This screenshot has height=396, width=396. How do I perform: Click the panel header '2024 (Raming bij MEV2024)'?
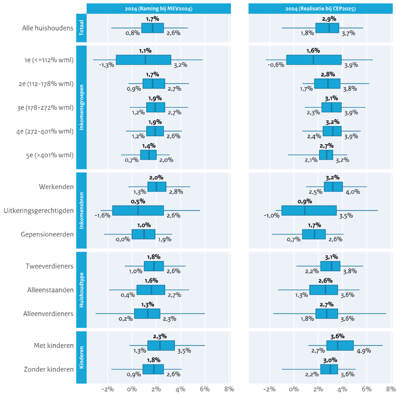click(158, 8)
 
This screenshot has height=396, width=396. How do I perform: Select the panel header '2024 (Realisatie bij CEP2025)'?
click(320, 8)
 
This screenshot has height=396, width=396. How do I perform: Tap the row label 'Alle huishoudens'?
click(48, 28)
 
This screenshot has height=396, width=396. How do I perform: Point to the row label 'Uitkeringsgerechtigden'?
click(39, 210)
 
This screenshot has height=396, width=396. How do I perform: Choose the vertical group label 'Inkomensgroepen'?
click(81, 107)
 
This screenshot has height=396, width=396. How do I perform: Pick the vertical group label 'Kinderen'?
click(81, 357)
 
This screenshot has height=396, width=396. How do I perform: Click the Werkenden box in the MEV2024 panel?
click(157, 187)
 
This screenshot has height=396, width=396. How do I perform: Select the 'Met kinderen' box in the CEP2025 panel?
click(340, 345)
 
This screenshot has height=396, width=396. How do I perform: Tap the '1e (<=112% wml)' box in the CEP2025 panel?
click(314, 59)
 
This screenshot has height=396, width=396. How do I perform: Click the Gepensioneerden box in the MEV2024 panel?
click(143, 234)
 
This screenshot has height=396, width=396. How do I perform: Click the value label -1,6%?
click(103, 215)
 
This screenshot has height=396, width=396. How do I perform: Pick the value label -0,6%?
click(276, 65)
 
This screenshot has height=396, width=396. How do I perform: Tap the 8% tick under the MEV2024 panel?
click(229, 389)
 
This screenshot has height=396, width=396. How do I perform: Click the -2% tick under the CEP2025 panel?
click(269, 389)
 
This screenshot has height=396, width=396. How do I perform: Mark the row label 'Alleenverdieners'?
click(48, 313)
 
